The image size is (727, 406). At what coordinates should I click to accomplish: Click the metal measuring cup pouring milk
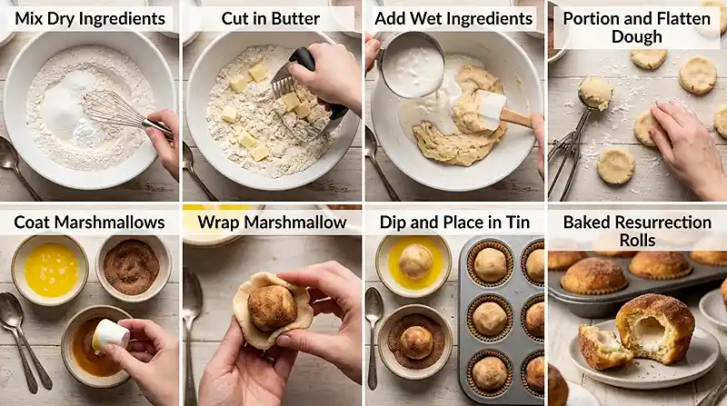coord(410,64)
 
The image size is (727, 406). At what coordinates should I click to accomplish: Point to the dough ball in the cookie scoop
coord(595,94)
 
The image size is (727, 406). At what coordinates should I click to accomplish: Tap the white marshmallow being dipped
coord(111,335)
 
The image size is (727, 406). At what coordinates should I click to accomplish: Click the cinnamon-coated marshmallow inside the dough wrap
coord(272,307)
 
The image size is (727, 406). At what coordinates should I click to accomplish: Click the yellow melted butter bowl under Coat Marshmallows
coord(50,270)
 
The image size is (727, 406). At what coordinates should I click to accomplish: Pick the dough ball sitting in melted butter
coord(415,262)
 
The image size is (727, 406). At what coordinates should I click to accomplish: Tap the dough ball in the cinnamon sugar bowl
coord(416,342)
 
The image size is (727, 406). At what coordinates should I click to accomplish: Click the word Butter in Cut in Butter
coord(296,18)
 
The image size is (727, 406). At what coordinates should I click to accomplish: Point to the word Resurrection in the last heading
coord(658,223)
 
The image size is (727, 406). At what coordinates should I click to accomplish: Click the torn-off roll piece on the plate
coord(602,347)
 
